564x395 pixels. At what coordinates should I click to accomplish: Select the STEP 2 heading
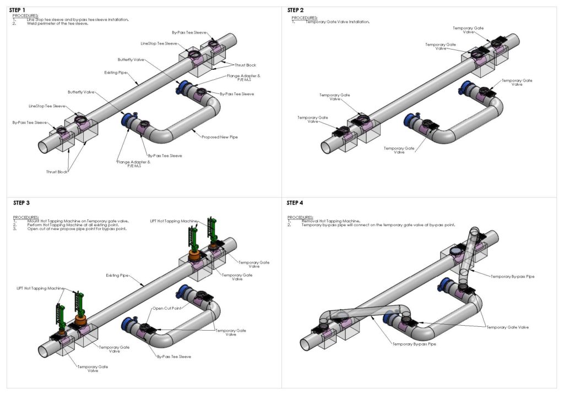click(295, 10)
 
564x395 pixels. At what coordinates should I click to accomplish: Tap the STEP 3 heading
click(20, 203)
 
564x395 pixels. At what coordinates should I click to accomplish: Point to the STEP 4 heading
click(295, 203)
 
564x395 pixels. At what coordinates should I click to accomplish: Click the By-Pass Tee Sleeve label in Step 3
click(174, 356)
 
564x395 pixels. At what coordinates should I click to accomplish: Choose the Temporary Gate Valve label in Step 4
click(507, 327)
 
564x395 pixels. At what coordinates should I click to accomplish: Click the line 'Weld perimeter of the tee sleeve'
click(57, 24)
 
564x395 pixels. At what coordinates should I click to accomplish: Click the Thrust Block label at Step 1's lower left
click(57, 172)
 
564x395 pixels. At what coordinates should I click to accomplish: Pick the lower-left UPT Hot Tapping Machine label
click(40, 288)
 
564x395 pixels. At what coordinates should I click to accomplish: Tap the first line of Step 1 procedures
click(77, 20)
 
